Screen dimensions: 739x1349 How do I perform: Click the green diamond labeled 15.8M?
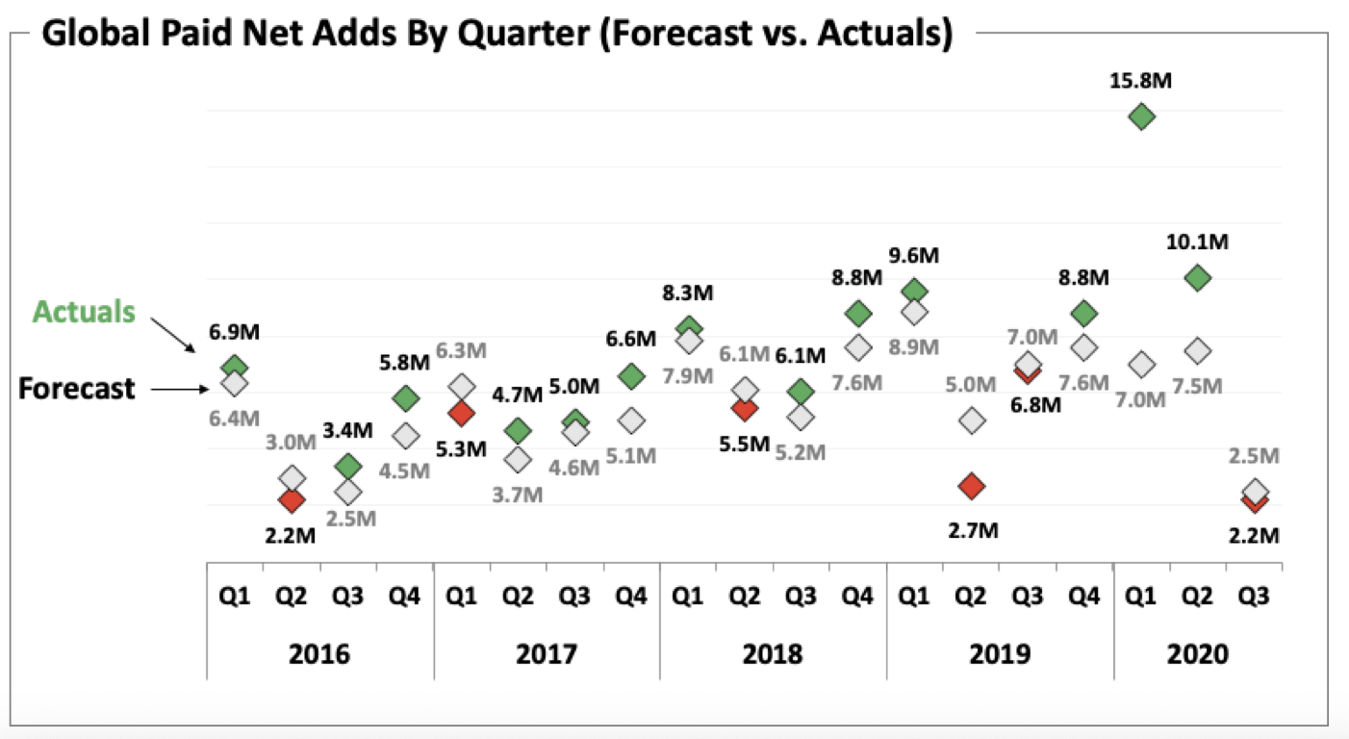tap(1141, 117)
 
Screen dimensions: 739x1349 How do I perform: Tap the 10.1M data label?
tap(1197, 242)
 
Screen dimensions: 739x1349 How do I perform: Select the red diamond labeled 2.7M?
tap(972, 486)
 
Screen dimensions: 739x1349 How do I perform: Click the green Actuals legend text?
tap(84, 312)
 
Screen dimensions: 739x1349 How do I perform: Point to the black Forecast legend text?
tap(77, 389)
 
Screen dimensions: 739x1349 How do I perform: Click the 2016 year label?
tap(319, 654)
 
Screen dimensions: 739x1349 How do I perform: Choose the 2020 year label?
tap(1197, 654)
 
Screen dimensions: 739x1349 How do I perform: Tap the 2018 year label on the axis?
tap(773, 654)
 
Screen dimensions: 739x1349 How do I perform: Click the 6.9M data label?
tap(235, 333)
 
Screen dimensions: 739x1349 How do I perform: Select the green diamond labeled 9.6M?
tap(915, 290)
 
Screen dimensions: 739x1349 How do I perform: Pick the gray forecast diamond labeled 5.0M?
tap(972, 420)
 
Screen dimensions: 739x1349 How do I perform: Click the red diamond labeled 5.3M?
tap(462, 414)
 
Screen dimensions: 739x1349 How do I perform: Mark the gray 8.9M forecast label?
tap(915, 347)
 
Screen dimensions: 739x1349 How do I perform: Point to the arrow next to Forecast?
tap(180, 389)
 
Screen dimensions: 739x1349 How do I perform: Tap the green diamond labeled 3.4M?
tap(348, 466)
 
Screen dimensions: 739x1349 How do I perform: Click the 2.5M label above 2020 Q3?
tap(1254, 456)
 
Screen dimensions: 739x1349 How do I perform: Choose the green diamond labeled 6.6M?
tap(631, 376)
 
